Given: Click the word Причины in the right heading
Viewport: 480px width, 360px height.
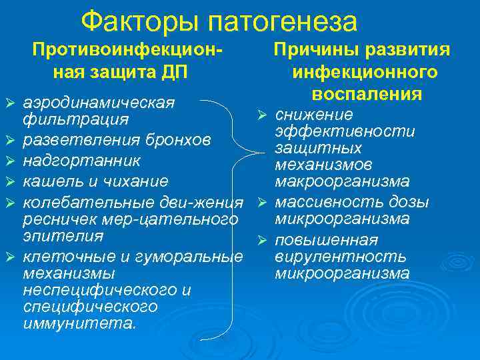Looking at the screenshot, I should [x=313, y=50].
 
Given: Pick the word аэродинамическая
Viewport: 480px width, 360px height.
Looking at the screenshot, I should [x=99, y=103].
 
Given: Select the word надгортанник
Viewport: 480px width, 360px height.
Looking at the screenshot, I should [x=81, y=161].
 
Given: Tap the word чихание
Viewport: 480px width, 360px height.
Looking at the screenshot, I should [x=136, y=181].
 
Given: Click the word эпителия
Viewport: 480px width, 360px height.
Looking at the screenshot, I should [x=63, y=236].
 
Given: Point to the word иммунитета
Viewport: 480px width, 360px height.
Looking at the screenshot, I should [x=79, y=324].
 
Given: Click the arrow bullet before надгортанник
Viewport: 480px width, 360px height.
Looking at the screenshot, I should [x=9, y=161].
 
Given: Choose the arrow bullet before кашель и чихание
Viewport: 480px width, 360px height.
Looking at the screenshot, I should [x=9, y=181].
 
